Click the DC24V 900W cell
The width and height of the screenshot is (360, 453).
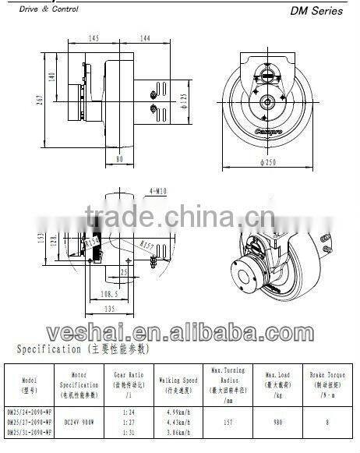(78, 420)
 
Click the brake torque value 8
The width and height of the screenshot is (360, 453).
(326, 420)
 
